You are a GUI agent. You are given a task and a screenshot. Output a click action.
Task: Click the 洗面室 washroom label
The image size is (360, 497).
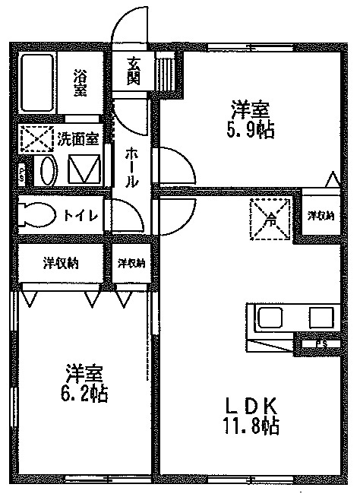[77, 138]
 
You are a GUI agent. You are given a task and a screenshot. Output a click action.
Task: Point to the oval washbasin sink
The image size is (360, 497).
[45, 171]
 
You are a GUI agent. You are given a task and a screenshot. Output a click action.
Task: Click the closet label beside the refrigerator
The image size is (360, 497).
[321, 217]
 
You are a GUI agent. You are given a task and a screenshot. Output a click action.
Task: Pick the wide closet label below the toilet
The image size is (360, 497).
[60, 264]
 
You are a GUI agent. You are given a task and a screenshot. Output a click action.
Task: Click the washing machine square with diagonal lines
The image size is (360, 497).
[83, 168]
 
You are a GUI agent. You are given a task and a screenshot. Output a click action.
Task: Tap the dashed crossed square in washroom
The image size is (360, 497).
[35, 139]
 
